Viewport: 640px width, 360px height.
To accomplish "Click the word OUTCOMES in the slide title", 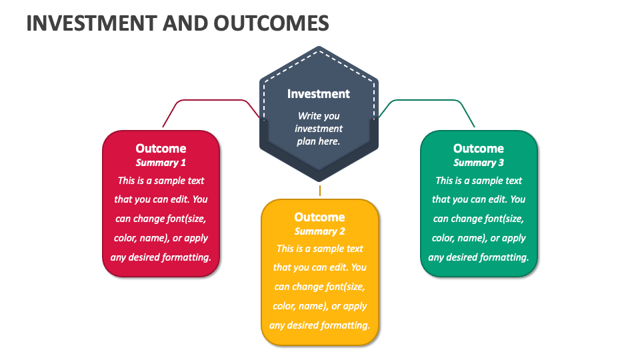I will point(271,23).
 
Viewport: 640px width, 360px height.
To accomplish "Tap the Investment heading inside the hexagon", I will point(319,94).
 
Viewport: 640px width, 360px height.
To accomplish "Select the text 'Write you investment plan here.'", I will point(319,129).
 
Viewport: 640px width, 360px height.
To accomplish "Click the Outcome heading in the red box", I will point(161,149).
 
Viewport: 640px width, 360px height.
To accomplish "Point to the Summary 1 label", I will point(161,163).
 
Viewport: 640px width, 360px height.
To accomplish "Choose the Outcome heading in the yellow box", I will point(319,217).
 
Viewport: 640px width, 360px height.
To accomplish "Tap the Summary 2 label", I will point(319,231).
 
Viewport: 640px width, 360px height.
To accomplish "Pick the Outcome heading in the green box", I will point(479,149).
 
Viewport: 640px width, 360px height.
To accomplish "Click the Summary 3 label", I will point(479,163).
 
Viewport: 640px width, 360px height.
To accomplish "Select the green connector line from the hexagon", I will point(427,101).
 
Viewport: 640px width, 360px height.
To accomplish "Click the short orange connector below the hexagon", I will point(320,191).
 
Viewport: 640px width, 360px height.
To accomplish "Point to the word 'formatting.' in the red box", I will point(187,257).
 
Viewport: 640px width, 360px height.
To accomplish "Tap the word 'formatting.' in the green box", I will point(505,257).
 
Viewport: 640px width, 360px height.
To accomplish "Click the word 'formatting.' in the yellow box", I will point(345,326).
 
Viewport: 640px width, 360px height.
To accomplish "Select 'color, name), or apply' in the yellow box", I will point(320,306).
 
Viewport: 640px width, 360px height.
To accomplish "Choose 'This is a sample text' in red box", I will point(161,181).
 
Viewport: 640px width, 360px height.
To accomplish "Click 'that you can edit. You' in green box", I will point(479,199).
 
